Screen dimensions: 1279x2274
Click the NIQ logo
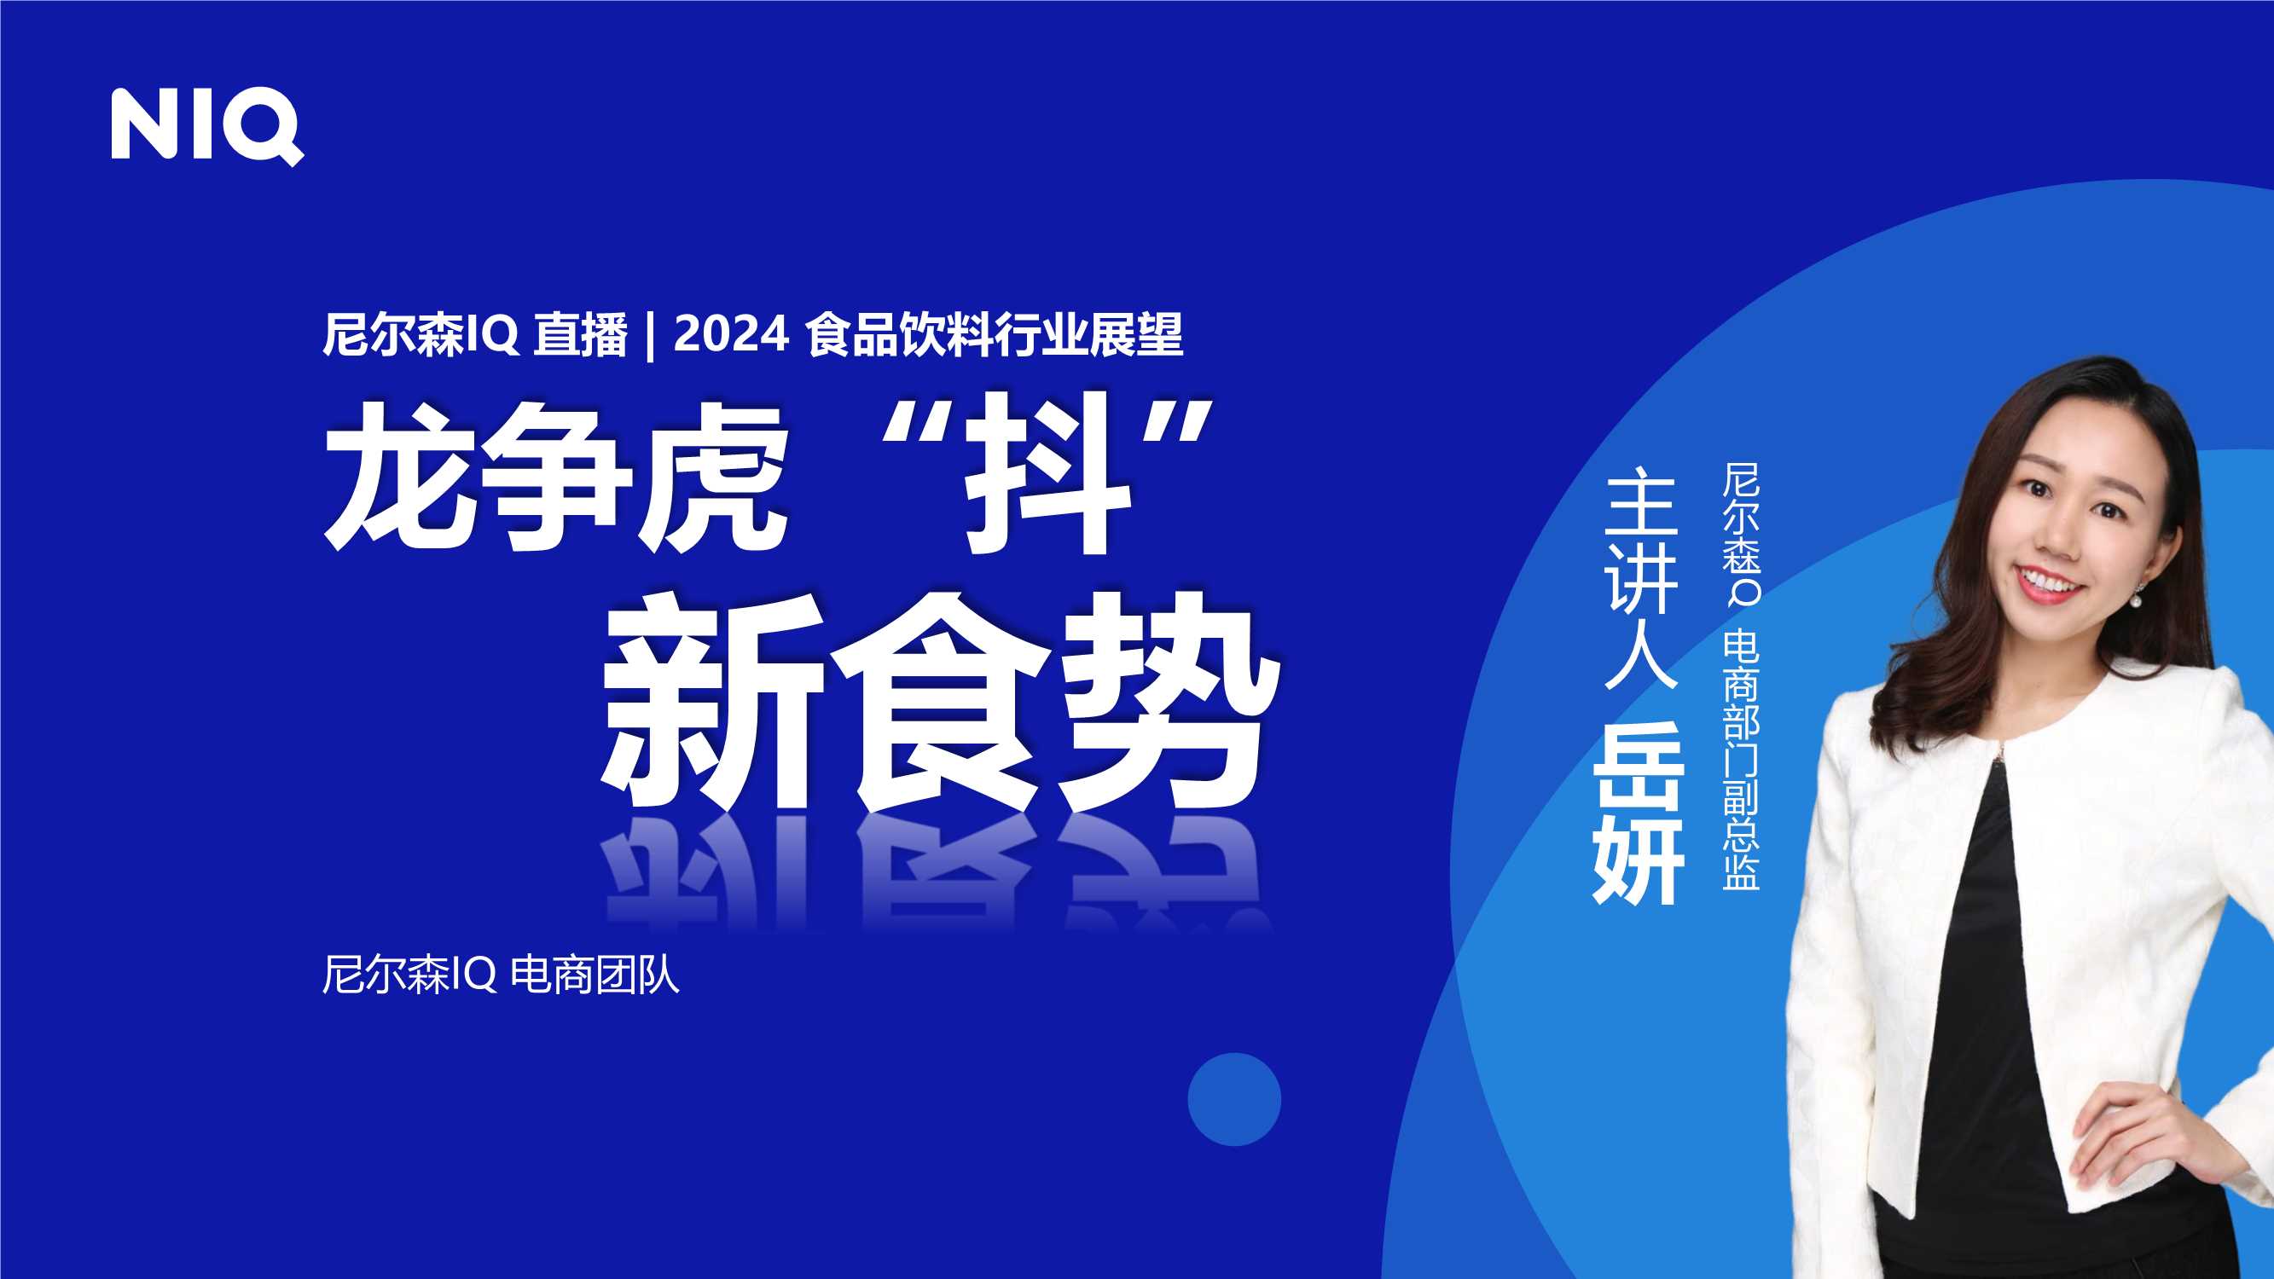click(206, 125)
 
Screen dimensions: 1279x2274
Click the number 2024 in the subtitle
click(731, 334)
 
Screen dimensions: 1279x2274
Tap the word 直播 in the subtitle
click(580, 335)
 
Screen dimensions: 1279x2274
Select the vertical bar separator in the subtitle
click(651, 336)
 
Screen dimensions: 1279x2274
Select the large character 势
click(1169, 702)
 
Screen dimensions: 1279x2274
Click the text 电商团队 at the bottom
click(596, 975)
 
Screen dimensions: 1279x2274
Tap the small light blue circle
click(1234, 1099)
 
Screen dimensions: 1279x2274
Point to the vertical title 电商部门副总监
click(1741, 759)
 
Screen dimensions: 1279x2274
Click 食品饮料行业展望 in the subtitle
click(994, 335)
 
